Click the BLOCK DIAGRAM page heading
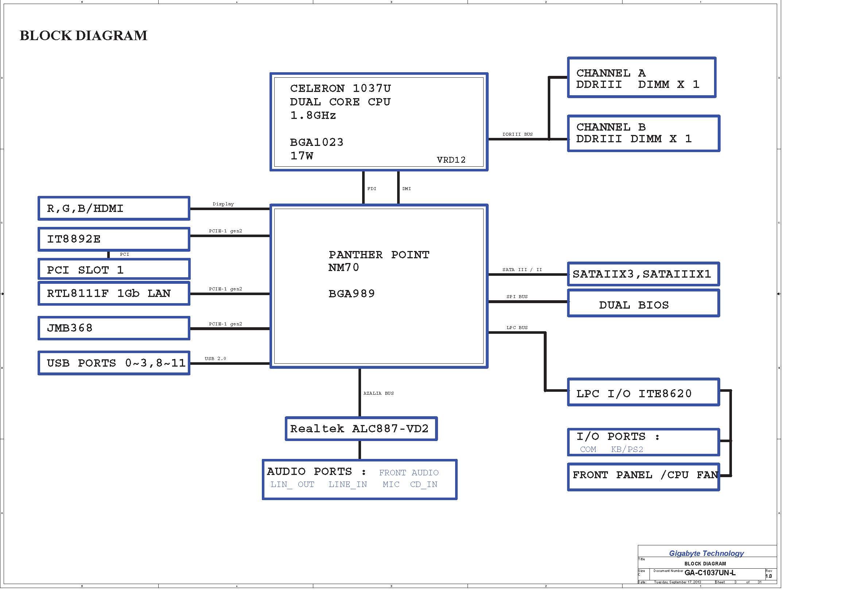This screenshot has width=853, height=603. click(x=84, y=36)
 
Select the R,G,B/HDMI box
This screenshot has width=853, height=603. click(x=114, y=208)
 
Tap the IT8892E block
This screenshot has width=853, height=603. click(x=114, y=239)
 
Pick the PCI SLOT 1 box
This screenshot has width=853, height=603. click(x=114, y=269)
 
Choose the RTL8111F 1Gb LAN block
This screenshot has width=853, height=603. click(x=114, y=294)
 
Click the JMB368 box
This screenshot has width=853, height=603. click(x=114, y=328)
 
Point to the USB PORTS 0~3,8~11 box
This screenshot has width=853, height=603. click(x=114, y=363)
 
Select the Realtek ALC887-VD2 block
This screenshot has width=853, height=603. click(x=361, y=429)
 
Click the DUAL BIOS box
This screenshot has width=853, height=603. click(x=643, y=303)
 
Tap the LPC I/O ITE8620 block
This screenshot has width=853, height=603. click(x=643, y=392)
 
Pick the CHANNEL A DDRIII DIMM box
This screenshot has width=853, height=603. click(x=641, y=78)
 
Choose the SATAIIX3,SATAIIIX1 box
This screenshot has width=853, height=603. click(x=643, y=274)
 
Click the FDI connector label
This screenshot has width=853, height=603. click(x=372, y=189)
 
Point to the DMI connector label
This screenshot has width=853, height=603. click(x=406, y=189)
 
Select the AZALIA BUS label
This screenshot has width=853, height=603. click(x=379, y=393)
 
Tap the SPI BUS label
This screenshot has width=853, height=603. click(x=517, y=297)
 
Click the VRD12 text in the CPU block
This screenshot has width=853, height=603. click(x=451, y=160)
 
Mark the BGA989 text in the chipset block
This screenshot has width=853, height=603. click(x=352, y=294)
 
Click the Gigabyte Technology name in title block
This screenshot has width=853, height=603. click(x=706, y=554)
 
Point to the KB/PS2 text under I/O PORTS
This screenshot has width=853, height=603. click(x=627, y=449)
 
